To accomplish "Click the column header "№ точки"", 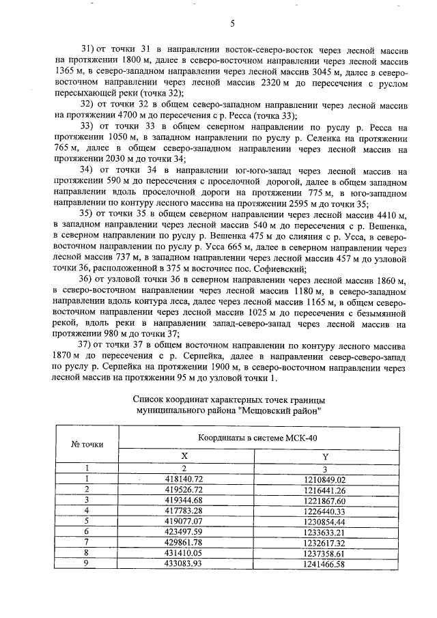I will (x=87, y=444).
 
